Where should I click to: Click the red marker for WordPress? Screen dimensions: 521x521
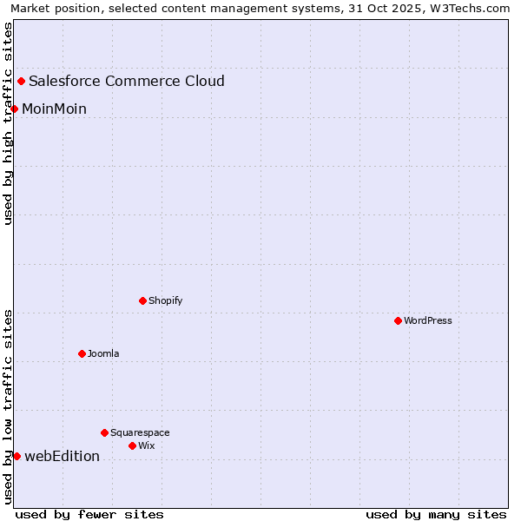pos(398,320)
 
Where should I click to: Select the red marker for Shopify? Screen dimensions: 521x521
pos(142,300)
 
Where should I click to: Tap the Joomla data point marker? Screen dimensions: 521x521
pos(82,353)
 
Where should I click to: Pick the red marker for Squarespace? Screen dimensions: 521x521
pos(104,432)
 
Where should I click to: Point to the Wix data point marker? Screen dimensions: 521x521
pos(132,445)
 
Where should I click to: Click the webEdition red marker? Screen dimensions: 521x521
pos(16,456)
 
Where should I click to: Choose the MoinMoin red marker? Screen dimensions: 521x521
pos(14,109)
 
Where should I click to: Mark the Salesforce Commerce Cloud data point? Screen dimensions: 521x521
pos(21,82)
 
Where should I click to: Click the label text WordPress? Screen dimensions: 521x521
pos(427,320)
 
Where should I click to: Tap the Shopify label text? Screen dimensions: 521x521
pos(165,300)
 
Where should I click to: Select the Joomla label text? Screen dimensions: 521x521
pos(103,353)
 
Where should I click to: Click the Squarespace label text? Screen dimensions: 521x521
pos(140,432)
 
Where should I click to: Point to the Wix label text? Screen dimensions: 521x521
pos(146,445)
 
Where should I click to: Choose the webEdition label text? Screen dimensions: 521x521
pos(62,456)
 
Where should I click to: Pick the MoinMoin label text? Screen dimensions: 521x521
pos(54,109)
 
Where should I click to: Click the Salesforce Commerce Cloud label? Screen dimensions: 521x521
pos(126,82)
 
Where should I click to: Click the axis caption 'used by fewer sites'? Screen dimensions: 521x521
pos(89,514)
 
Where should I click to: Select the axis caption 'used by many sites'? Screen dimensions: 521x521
pos(435,514)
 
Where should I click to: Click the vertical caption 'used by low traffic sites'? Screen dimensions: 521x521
pos(9,406)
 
